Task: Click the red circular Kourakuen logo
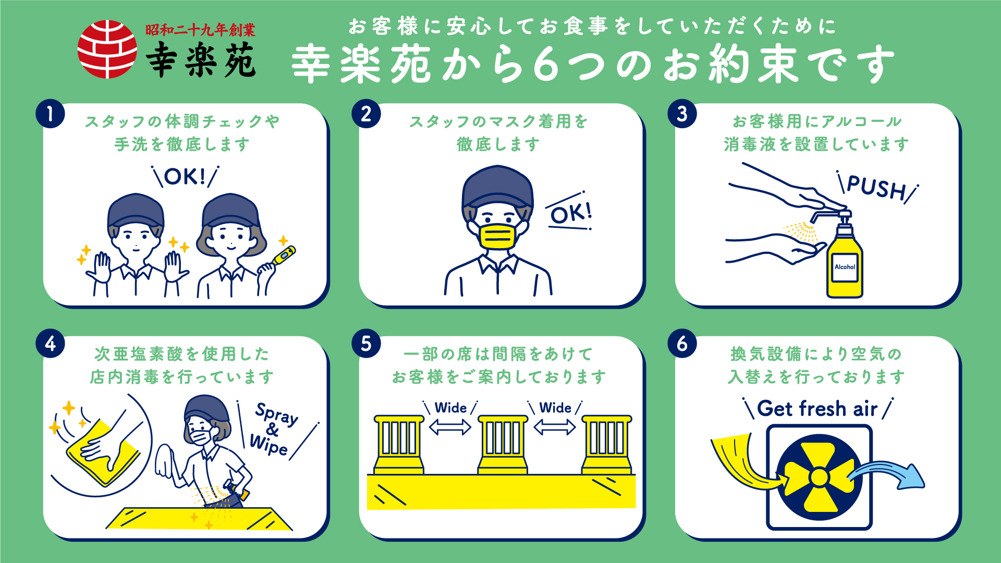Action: [x=107, y=49]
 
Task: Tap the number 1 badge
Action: [x=50, y=114]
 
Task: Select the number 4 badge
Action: [x=50, y=344]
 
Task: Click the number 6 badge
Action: [x=682, y=344]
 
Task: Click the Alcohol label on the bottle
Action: [x=845, y=267]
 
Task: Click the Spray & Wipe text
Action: [x=274, y=429]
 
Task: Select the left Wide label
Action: [x=450, y=408]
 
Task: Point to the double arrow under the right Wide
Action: [x=555, y=427]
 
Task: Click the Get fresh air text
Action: [x=817, y=409]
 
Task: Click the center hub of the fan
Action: [x=819, y=477]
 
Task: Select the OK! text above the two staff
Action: [x=185, y=177]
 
